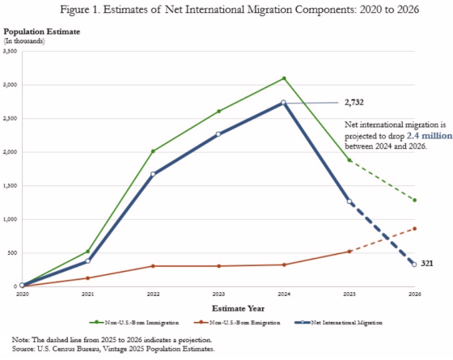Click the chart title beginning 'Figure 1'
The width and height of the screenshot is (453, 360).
(x=226, y=11)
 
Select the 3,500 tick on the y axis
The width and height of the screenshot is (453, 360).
(x=11, y=51)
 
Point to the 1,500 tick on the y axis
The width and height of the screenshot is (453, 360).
(x=11, y=185)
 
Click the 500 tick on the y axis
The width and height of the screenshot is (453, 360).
(x=13, y=252)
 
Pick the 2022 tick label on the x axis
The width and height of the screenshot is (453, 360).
(x=153, y=294)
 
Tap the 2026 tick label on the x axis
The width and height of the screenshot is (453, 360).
(x=415, y=294)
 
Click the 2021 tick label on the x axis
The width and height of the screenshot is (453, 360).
(x=87, y=294)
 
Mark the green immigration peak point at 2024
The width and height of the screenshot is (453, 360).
(x=284, y=78)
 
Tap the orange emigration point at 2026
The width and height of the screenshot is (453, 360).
(x=415, y=229)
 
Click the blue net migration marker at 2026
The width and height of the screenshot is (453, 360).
(x=415, y=265)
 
